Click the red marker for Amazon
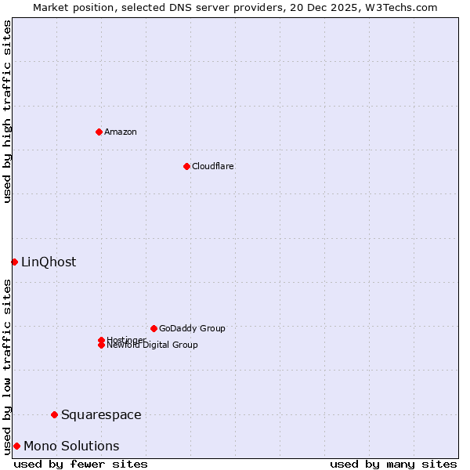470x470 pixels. click(99, 132)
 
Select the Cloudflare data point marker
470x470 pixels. click(186, 166)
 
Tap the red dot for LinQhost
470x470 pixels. click(14, 262)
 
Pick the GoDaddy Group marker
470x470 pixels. click(154, 328)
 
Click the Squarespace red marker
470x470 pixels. click(54, 414)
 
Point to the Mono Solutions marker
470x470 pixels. click(16, 446)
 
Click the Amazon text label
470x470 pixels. click(120, 132)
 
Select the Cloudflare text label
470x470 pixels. click(212, 166)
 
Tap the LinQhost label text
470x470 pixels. click(49, 262)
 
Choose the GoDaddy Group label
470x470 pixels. click(192, 328)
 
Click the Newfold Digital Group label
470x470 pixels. click(153, 345)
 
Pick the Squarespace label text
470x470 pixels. click(101, 414)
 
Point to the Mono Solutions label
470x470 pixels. click(71, 446)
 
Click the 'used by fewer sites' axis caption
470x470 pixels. click(81, 464)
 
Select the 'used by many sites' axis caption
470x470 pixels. click(393, 464)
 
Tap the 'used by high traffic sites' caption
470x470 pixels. click(8, 111)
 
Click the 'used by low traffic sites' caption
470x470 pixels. click(8, 366)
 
